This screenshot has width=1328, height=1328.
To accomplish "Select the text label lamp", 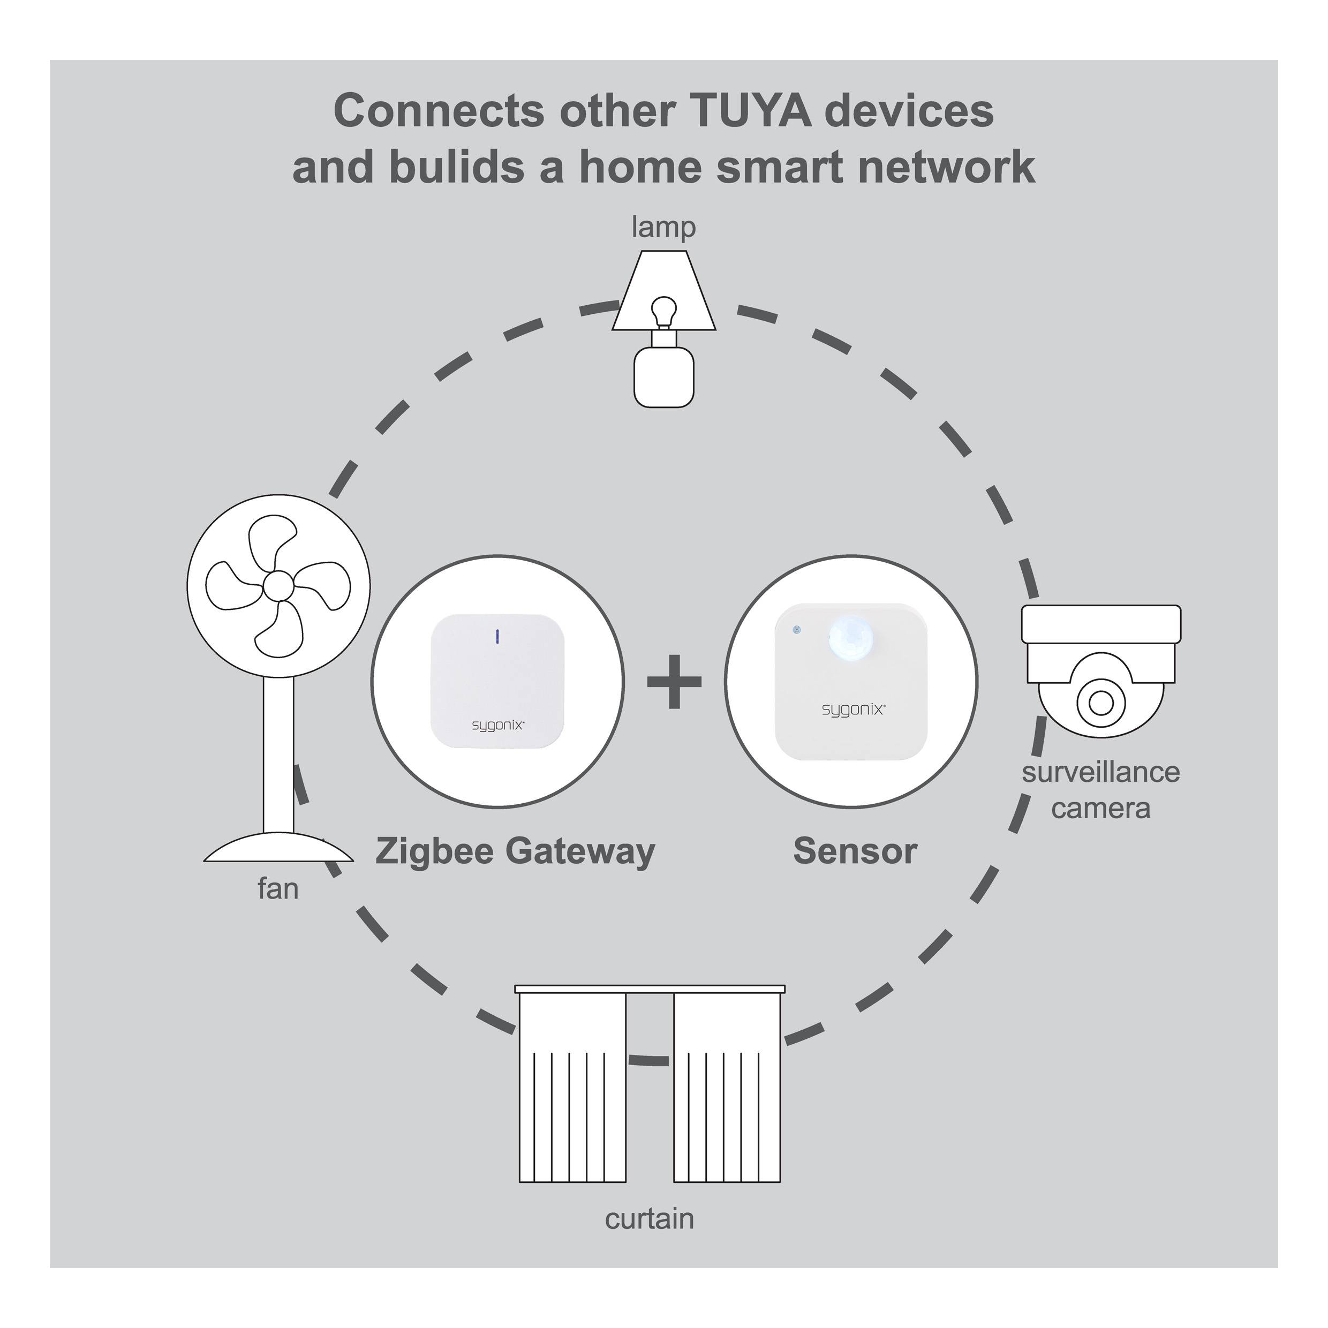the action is (663, 227).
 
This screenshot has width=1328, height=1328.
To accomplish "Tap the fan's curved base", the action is (278, 848).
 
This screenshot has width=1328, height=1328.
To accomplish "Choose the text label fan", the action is (278, 888).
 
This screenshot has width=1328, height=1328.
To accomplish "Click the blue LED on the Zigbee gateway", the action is (497, 637).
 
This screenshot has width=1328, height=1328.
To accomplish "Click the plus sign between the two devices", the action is (674, 681).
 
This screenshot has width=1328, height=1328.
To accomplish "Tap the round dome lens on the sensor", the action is (850, 639).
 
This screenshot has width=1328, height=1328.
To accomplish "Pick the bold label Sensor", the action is (855, 851).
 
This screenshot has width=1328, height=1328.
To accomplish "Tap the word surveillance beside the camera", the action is (1100, 772).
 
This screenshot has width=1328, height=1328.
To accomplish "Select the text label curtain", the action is (650, 1219).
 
